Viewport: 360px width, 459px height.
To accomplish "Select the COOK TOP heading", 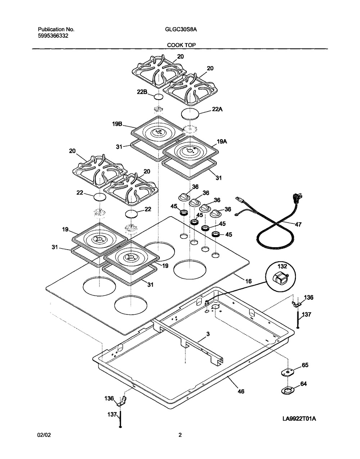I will (181, 45).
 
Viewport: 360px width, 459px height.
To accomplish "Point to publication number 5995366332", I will (53, 36).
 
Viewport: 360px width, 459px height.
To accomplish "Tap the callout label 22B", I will (142, 92).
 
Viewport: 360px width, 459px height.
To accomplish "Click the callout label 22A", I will (217, 109).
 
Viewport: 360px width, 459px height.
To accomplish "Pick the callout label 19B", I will (118, 124).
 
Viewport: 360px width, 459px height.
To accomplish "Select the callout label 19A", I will (222, 142).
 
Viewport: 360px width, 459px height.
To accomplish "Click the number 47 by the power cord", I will (298, 224).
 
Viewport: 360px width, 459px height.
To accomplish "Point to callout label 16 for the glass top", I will (248, 281).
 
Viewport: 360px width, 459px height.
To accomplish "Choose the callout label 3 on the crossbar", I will (208, 334).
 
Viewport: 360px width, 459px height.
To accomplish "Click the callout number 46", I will (241, 391).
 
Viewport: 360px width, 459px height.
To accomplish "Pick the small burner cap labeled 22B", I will (159, 97).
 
